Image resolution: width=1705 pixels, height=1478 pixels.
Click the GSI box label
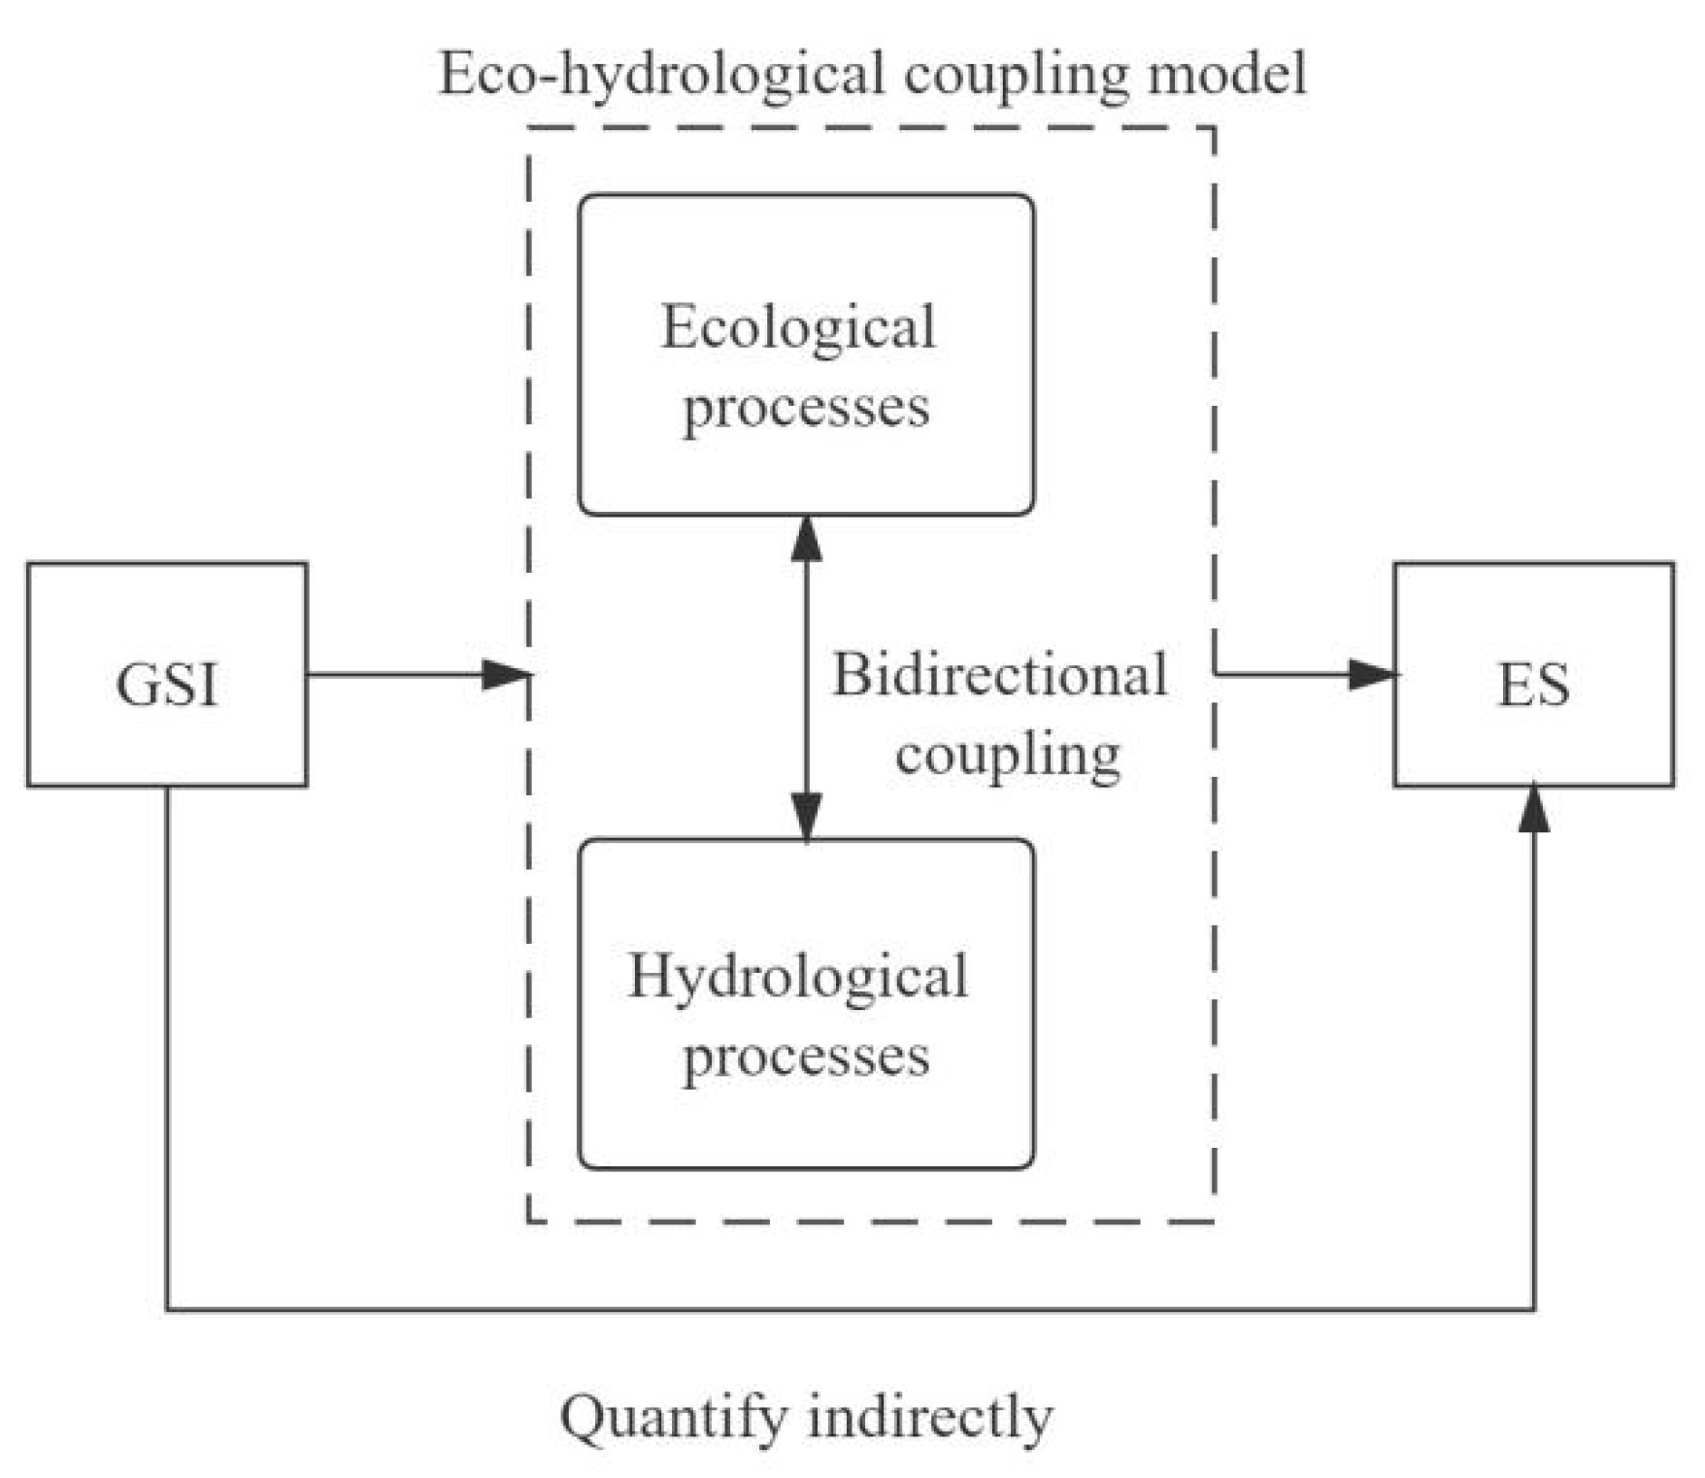(167, 685)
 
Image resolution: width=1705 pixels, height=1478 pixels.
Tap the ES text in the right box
(1533, 685)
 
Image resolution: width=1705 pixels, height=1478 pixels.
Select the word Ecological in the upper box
(798, 327)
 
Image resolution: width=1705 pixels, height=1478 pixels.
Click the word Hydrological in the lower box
(798, 976)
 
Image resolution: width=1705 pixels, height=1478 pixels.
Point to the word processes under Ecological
(806, 408)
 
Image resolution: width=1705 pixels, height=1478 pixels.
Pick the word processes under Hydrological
(806, 1057)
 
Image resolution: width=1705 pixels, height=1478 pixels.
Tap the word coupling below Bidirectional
(1008, 755)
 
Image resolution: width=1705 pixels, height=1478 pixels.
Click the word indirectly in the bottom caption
(930, 1417)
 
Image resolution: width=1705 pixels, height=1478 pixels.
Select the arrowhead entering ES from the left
(1372, 674)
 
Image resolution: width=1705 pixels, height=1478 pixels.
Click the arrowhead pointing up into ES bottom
(1533, 809)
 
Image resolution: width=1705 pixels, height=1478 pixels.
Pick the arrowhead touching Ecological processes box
(806, 539)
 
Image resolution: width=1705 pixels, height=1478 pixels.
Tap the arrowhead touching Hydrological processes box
(806, 816)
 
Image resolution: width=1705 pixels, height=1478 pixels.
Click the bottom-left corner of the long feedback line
(167, 1309)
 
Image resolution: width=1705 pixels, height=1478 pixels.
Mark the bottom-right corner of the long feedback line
(1533, 1309)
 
